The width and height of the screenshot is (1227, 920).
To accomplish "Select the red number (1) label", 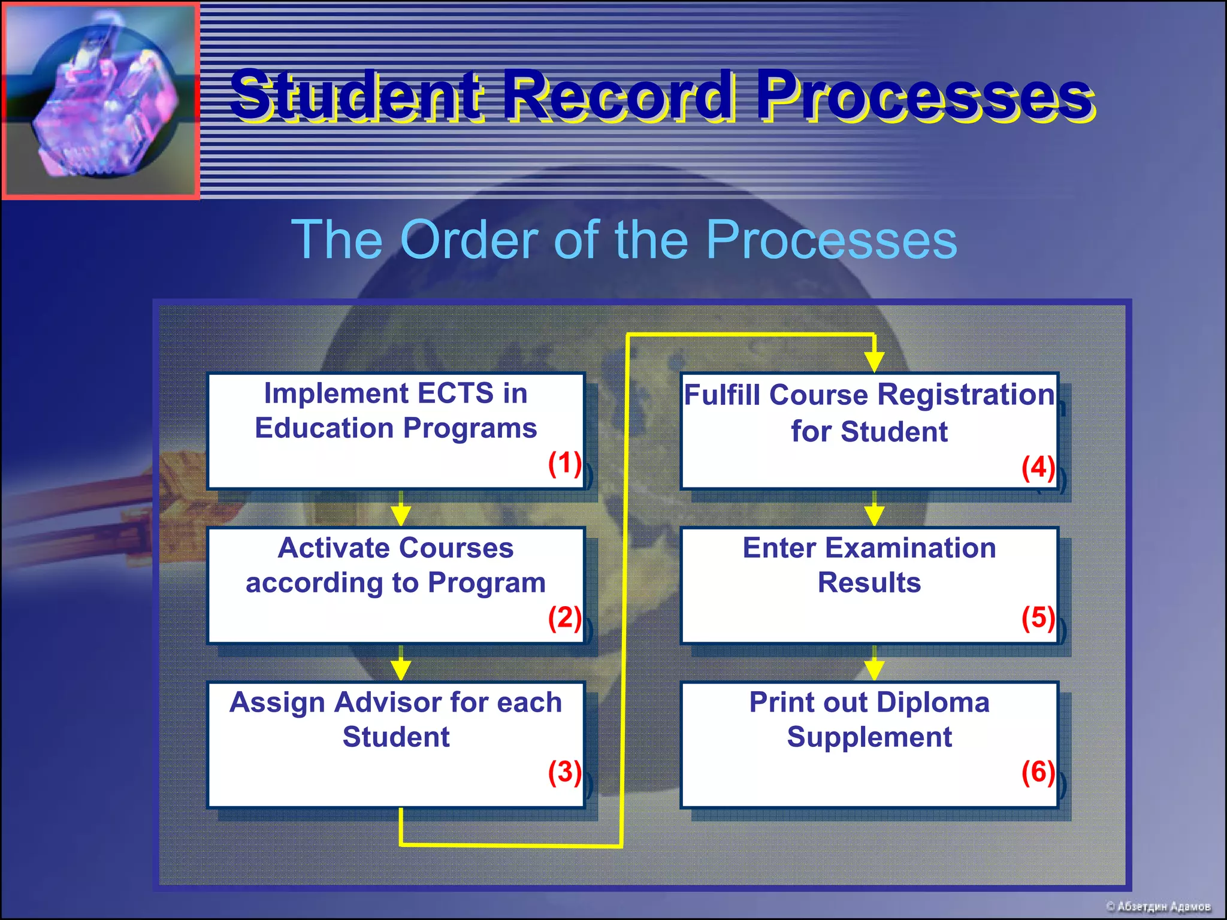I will click(564, 464).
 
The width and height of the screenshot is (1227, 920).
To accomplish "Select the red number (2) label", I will click(564, 618).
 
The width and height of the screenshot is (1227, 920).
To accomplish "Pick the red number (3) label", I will click(564, 773).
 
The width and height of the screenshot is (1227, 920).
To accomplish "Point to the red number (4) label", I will click(1038, 468).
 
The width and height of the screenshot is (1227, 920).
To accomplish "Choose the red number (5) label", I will click(1038, 618).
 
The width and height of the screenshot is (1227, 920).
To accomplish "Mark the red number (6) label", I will click(1038, 773).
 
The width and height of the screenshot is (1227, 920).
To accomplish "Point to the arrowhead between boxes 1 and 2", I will click(401, 515).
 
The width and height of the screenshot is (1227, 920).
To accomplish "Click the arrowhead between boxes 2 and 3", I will click(401, 669).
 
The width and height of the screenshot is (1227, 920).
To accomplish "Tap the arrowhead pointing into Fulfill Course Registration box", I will click(874, 361).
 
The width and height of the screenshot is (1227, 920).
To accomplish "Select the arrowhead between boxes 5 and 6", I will click(874, 669).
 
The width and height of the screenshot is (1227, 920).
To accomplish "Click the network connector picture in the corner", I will click(101, 100).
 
